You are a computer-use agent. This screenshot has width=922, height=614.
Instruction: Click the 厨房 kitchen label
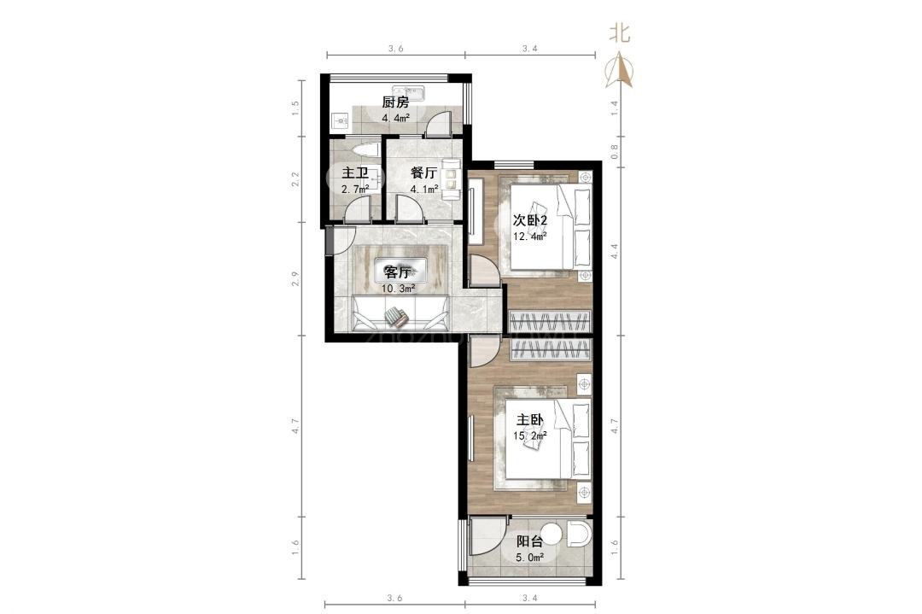point(395,102)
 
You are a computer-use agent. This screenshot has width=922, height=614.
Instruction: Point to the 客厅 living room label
point(397,272)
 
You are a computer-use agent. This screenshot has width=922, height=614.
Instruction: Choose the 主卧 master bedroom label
point(530,420)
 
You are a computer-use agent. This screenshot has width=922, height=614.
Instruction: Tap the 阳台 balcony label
point(529,541)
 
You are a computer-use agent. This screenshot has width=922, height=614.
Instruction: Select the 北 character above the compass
point(620,33)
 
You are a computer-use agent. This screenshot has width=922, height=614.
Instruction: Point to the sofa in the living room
point(400,313)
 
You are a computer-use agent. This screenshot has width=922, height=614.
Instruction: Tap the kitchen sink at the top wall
point(416,93)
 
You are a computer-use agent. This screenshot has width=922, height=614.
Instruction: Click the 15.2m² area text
point(530,436)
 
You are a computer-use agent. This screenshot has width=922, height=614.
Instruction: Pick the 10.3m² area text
point(398,288)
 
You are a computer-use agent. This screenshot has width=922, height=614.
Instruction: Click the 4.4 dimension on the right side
point(615,251)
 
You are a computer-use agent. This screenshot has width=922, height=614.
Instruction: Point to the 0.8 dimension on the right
point(615,152)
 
